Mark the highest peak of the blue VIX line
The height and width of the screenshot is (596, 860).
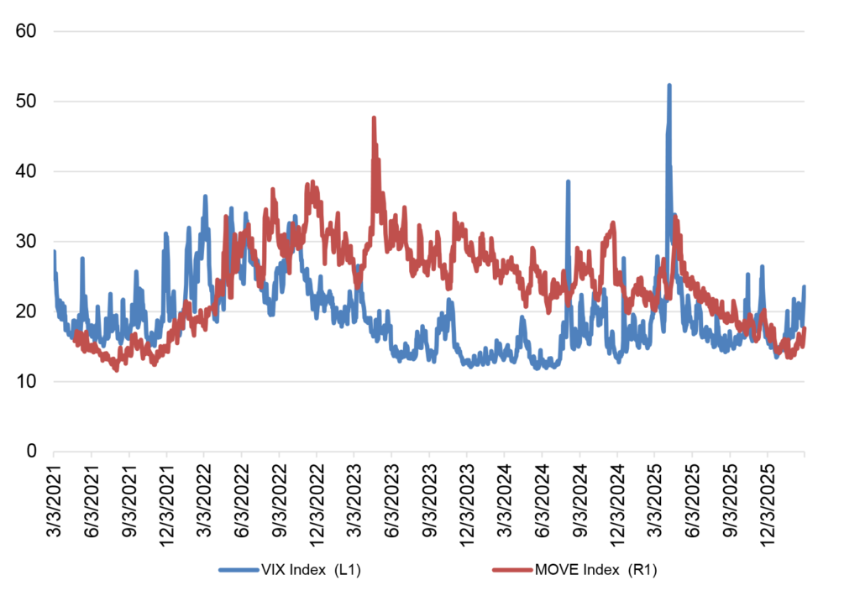[669, 85]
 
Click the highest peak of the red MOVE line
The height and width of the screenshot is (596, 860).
[374, 118]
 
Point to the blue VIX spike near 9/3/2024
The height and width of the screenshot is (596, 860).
[568, 181]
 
